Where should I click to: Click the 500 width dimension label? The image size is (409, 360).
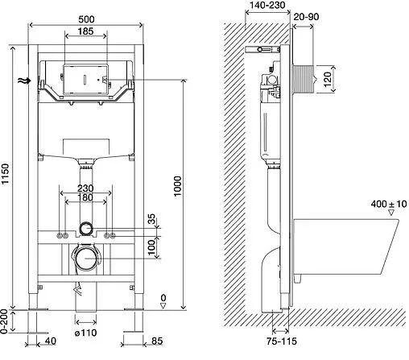86,19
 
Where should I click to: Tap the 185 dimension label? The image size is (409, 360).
85,31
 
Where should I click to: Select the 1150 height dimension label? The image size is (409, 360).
6,174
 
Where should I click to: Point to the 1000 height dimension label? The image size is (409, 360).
178,186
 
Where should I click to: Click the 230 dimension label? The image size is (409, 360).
85,188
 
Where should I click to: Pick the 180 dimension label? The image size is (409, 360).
85,197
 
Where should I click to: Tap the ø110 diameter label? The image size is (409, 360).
85,333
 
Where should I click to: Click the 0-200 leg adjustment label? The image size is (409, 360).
4,321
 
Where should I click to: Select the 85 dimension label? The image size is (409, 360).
157,341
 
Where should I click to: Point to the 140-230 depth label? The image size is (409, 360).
267,5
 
